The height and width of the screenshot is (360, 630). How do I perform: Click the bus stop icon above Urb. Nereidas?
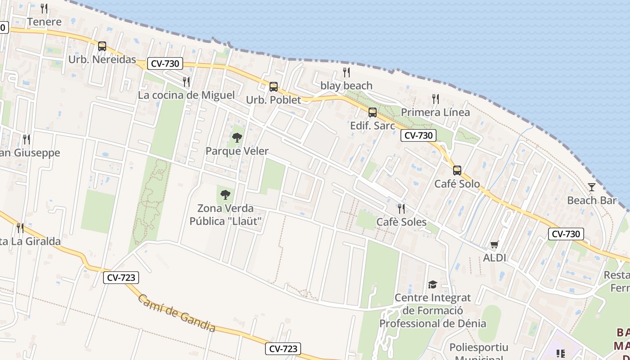coord(102,46)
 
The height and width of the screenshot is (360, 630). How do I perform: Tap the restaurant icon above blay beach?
coord(346,72)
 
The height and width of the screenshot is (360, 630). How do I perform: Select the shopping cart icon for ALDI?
coord(495,244)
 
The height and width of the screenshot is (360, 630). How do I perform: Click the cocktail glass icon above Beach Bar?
coord(591,187)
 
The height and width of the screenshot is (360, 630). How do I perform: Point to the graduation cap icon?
coord(432,284)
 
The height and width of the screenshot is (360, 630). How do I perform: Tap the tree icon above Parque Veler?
coord(237,138)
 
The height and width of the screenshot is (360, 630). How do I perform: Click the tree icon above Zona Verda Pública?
coord(225,195)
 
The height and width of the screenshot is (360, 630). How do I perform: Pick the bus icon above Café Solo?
coord(457,170)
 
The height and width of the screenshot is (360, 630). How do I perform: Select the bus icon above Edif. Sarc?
coord(373,112)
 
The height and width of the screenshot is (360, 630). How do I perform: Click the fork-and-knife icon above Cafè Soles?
coord(401,208)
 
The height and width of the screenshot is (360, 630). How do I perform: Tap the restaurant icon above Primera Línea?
coord(435,99)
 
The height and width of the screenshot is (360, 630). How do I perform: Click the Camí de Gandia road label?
coord(176,313)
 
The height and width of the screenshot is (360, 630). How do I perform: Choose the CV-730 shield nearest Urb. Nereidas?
coord(165,63)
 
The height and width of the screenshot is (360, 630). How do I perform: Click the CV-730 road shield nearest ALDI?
coord(566,234)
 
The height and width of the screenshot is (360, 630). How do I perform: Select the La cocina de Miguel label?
coord(186,95)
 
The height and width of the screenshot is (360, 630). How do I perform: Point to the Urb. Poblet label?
coord(274,100)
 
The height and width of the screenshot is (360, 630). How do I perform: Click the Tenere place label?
coord(44,22)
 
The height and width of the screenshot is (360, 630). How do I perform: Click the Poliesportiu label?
coord(479,347)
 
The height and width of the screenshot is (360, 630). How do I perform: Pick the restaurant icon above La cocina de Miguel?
coord(186,81)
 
